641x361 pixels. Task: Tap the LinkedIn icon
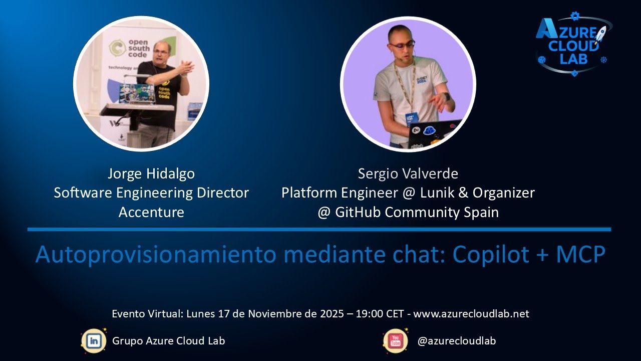point(94,341)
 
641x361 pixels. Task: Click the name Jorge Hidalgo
point(151,174)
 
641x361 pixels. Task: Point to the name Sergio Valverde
point(408,174)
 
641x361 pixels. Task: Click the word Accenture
point(151,212)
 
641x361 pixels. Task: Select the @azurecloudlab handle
point(456,341)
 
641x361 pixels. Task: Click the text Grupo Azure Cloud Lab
point(169,341)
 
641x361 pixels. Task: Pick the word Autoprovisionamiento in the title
point(156,255)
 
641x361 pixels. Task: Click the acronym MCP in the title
point(580,255)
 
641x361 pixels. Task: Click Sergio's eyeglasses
point(402,45)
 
